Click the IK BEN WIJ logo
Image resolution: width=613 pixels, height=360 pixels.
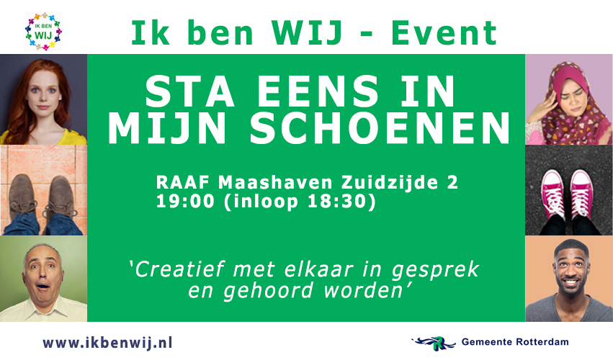(x=43, y=31)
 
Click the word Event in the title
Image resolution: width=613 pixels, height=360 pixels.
(x=444, y=33)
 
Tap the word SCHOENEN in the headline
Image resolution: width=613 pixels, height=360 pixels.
(x=380, y=129)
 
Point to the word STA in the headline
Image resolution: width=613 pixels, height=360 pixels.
(x=189, y=91)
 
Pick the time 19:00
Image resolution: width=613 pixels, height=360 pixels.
(x=185, y=202)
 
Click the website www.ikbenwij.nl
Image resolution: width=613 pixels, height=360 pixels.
(x=107, y=343)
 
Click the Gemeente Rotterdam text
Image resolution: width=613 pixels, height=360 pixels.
(x=515, y=342)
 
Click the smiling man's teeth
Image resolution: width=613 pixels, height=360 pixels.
(x=571, y=282)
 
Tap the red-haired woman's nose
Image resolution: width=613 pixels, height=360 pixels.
(x=42, y=97)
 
